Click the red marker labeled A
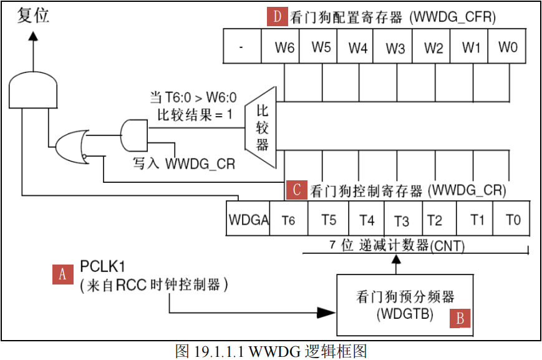62,274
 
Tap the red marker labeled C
296,190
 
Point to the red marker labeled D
278,17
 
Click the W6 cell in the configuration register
284,47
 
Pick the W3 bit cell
395,47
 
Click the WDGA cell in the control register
248,219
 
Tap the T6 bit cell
288,219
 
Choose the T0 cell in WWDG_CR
512,219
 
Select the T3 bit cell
402,219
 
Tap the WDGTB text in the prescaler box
405,314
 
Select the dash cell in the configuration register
241,47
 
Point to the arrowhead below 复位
33,37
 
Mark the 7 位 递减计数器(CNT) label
397,246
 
